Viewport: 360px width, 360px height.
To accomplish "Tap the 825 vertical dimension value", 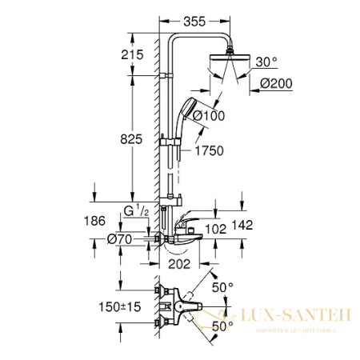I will pyautogui.click(x=133, y=138).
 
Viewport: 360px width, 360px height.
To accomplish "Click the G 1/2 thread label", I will pyautogui.click(x=138, y=212).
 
